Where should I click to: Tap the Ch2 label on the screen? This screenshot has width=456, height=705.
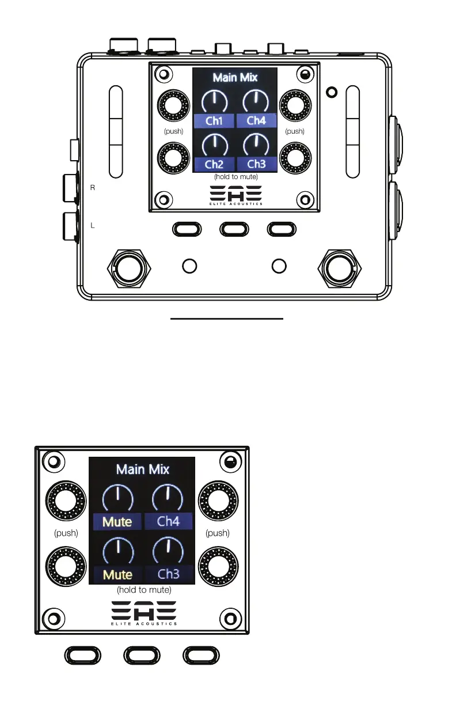point(214,164)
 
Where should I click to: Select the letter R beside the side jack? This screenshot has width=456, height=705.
point(93,188)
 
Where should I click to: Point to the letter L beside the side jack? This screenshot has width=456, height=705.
point(93,226)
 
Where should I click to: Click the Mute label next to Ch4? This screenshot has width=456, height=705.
point(117,522)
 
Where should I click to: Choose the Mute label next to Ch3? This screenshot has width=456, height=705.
point(117,574)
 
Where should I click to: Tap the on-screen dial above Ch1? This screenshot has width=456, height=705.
point(214,102)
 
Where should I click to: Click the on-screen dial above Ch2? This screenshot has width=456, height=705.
point(214,145)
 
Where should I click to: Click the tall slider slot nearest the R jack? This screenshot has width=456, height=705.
point(116,131)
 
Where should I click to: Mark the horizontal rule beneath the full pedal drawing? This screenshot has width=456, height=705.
point(227,317)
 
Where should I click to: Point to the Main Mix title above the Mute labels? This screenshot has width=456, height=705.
point(143,469)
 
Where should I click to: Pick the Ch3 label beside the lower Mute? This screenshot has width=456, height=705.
point(168,574)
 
